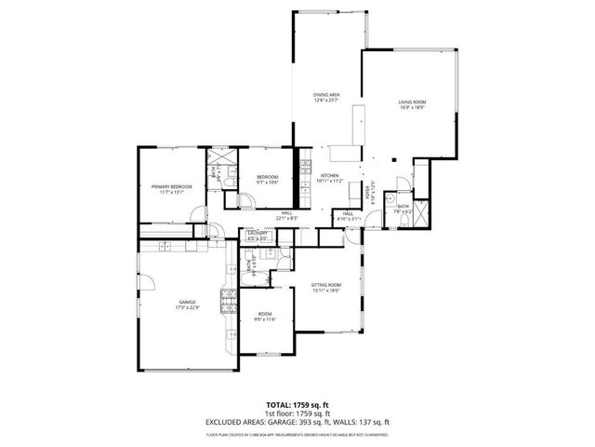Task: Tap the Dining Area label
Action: pyautogui.click(x=325, y=97)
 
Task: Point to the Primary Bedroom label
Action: pyautogui.click(x=171, y=189)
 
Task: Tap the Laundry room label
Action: pyautogui.click(x=258, y=236)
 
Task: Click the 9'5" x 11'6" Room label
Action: pyautogui.click(x=267, y=318)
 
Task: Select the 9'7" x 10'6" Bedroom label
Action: pyautogui.click(x=268, y=180)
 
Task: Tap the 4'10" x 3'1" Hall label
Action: pyautogui.click(x=348, y=217)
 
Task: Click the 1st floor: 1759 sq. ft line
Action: pyautogui.click(x=297, y=413)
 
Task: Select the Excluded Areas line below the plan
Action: pyautogui.click(x=297, y=422)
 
